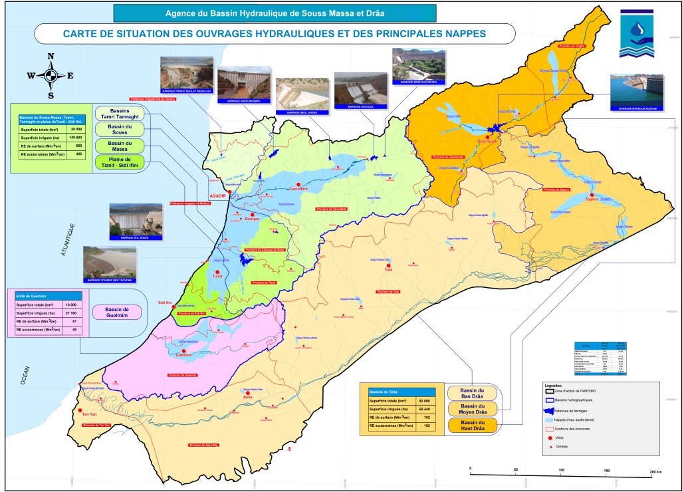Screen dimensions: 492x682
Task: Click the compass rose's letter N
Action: tap(51, 57)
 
